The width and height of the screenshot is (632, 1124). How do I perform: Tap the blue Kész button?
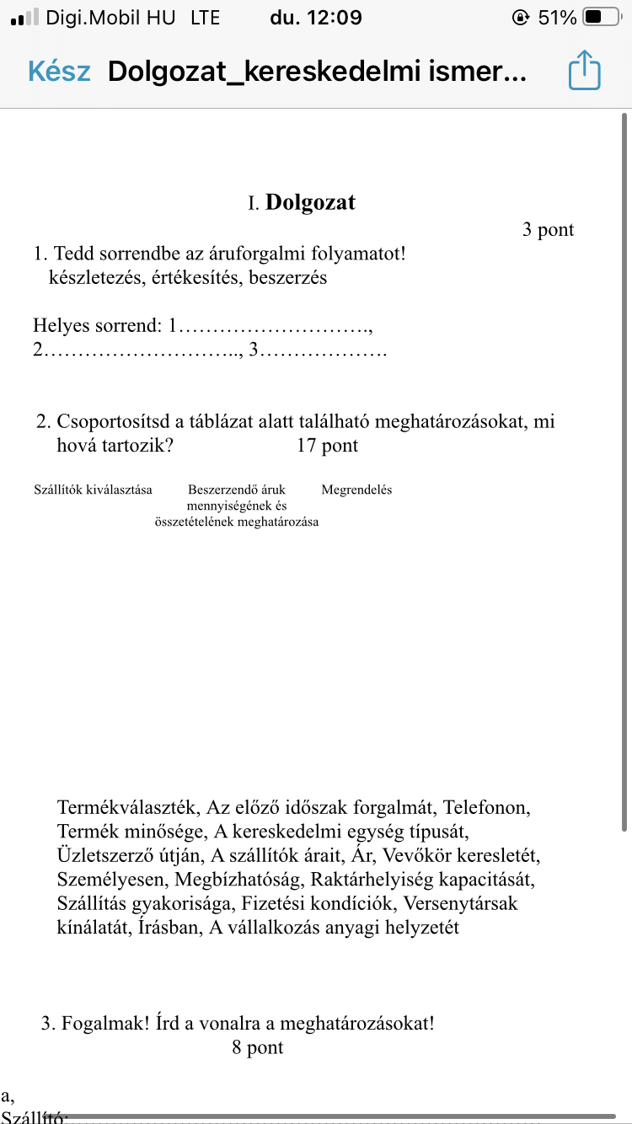pyautogui.click(x=59, y=72)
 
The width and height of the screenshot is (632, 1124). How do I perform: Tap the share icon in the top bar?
pyautogui.click(x=585, y=71)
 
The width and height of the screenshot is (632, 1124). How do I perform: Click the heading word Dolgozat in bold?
pyautogui.click(x=310, y=203)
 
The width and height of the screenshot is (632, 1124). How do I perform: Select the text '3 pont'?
pyautogui.click(x=548, y=230)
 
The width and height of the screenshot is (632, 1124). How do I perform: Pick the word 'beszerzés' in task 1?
pyautogui.click(x=288, y=277)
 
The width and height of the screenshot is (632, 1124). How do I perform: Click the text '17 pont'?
pyautogui.click(x=327, y=446)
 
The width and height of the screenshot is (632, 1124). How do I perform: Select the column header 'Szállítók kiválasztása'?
pyautogui.click(x=93, y=490)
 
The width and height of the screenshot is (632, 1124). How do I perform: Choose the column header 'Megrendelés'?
pyautogui.click(x=356, y=490)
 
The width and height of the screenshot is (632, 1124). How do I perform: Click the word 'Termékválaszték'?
pyautogui.click(x=128, y=808)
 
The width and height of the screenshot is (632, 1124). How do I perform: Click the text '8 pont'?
pyautogui.click(x=258, y=1048)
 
